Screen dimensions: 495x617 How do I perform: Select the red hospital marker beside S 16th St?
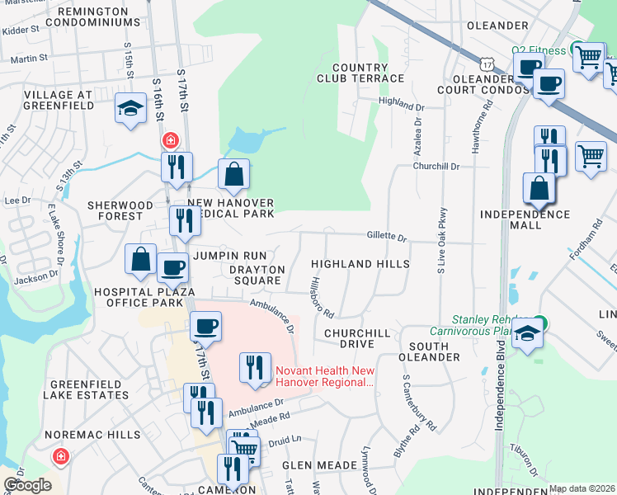[x=171, y=141]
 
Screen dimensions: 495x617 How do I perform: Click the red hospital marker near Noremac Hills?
[x=60, y=455]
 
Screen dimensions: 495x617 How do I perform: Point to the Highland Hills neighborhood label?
[x=360, y=264]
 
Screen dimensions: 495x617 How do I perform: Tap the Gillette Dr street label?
[x=387, y=237]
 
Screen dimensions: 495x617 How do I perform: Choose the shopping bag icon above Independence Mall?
[x=539, y=187]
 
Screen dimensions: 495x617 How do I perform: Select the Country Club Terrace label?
[x=360, y=73]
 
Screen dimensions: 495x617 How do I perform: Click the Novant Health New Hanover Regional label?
[x=325, y=376]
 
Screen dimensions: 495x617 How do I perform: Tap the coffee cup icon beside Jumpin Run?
[x=172, y=267]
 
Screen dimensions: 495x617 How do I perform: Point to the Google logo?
[x=27, y=485]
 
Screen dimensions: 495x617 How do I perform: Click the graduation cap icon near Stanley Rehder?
[x=527, y=335]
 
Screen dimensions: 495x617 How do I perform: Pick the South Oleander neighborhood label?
[x=429, y=351]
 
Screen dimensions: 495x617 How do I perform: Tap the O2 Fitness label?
[x=539, y=50]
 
